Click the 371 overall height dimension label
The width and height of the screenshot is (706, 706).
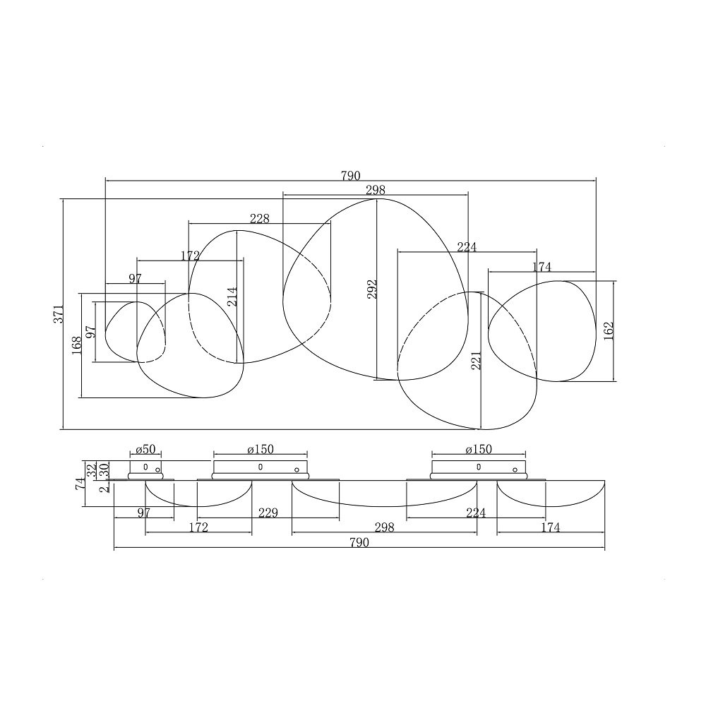click(59, 314)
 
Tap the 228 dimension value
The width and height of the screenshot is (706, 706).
click(259, 218)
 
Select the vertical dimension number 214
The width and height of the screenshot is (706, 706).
click(232, 297)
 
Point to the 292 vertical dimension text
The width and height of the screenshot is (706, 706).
click(371, 289)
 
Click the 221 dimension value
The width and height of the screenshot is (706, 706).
click(476, 361)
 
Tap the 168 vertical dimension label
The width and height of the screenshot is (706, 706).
click(76, 345)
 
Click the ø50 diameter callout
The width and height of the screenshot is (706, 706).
click(145, 449)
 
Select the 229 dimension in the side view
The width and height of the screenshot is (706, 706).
click(268, 513)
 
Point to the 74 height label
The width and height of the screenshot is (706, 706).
click(80, 484)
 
